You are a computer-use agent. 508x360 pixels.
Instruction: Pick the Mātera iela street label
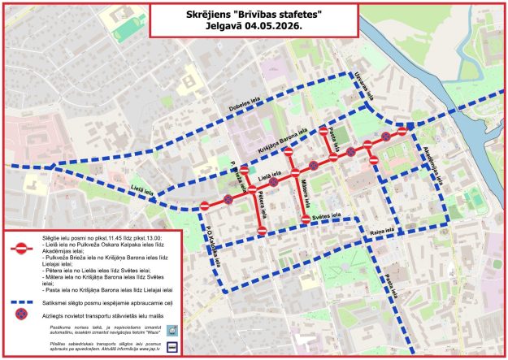click(303, 192)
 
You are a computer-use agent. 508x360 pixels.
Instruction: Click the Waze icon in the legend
click(172, 330)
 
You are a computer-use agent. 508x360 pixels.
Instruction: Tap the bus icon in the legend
click(172, 346)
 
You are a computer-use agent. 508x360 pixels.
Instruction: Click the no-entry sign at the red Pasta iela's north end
click(323, 131)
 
